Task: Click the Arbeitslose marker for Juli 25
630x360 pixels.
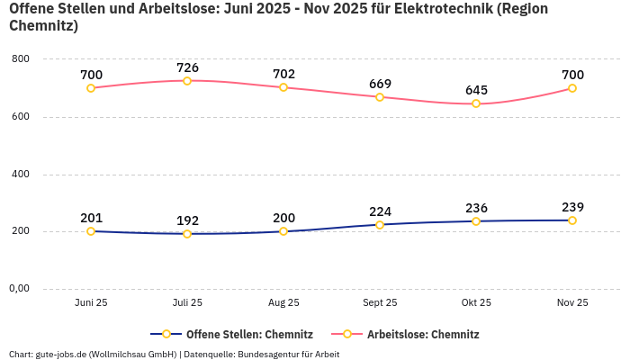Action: coord(187,81)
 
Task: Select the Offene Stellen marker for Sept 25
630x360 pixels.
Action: coord(380,225)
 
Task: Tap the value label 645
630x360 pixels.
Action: coord(476,91)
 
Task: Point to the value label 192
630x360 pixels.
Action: coord(187,220)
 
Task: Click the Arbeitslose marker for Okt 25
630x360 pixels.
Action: coord(476,104)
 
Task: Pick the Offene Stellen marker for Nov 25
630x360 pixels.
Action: coord(572,220)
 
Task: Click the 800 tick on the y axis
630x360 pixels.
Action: coord(20,59)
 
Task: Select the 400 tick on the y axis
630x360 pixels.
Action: coord(20,175)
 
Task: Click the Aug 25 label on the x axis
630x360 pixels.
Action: coord(283,303)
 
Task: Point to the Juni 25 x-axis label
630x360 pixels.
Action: coord(91,303)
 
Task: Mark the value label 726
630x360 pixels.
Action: coord(187,67)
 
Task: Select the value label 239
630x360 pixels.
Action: coord(572,207)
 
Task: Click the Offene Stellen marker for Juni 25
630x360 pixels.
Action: coord(91,231)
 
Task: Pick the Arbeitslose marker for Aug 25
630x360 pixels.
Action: coord(283,87)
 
